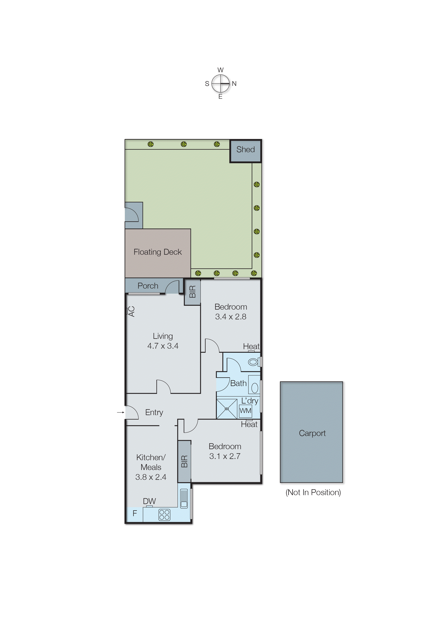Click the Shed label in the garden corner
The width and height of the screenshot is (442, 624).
coord(245,149)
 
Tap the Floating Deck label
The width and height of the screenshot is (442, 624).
coord(158,252)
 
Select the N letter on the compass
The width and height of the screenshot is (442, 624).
coord(234,84)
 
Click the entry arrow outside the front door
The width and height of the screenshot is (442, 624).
coord(120,412)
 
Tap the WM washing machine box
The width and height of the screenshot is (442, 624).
coord(245,411)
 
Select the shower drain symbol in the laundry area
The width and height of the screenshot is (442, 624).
coord(227,409)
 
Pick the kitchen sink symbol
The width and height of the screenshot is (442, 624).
coord(184,499)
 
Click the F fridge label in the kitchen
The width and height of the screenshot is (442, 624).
coord(134,513)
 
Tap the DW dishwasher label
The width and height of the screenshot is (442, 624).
coord(149,501)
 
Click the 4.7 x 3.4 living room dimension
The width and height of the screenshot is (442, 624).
coord(163,346)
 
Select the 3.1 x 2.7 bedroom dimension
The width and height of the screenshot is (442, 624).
coord(225,456)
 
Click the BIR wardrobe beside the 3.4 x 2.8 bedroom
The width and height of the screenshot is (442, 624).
coord(192,292)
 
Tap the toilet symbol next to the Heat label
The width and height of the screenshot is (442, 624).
coord(253,362)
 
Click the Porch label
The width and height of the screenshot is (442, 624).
coord(148,286)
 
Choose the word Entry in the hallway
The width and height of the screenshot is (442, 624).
coord(154,412)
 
